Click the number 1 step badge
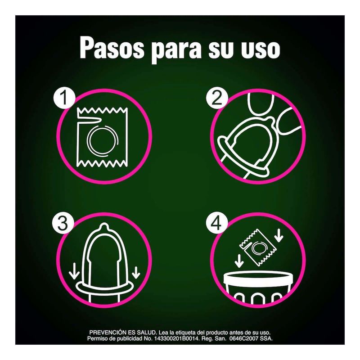click(64, 98)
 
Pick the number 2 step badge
click(217, 98)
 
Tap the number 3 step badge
click(63, 223)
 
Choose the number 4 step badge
click(217, 223)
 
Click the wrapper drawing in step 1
click(103, 137)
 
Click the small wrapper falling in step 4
click(257, 247)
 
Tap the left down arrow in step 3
click(74, 272)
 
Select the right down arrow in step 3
click(136, 272)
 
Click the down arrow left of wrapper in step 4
click(239, 261)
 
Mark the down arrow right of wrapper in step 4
click(279, 235)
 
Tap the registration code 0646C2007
click(244, 338)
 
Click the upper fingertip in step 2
click(261, 104)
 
